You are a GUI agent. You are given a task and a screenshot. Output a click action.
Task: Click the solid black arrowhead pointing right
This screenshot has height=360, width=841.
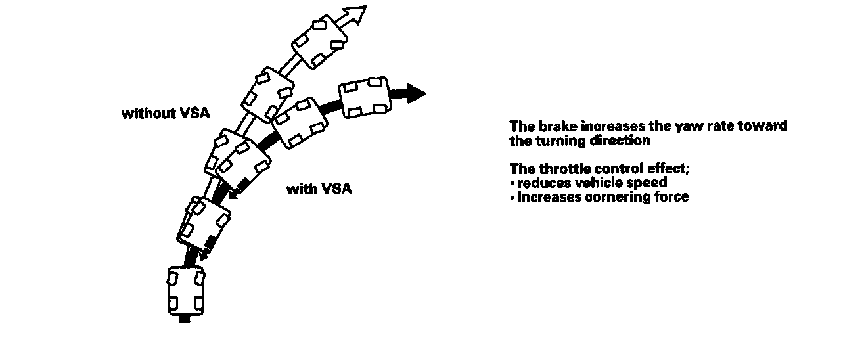[x=415, y=93]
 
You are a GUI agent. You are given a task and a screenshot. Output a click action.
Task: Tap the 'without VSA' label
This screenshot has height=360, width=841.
[x=166, y=113]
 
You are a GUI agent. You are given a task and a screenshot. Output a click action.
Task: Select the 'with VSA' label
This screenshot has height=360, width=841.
[x=319, y=189]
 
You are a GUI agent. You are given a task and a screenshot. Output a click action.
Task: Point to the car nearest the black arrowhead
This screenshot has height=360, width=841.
[x=363, y=97]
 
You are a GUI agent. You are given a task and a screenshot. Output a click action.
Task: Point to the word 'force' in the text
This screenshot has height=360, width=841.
[x=671, y=197]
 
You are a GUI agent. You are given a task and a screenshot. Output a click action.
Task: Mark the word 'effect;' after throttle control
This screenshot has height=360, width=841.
[x=666, y=168]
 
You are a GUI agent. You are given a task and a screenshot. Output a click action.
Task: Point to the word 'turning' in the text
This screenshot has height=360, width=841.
[x=560, y=141]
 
